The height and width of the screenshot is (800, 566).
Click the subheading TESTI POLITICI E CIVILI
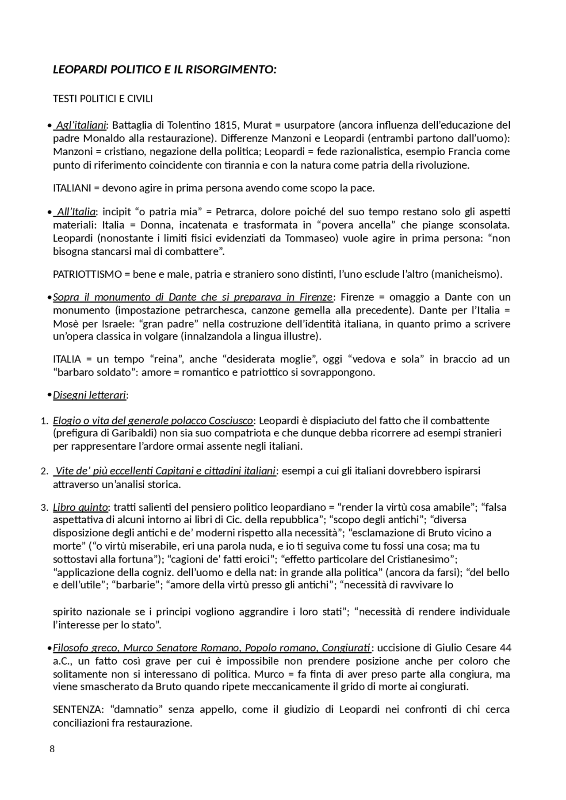(103, 99)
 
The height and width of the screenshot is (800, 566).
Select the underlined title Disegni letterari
(89, 395)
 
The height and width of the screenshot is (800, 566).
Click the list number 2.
(44, 471)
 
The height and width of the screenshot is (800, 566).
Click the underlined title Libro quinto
(80, 507)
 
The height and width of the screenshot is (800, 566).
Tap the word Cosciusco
(230, 420)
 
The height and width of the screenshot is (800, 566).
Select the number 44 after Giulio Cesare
(505, 648)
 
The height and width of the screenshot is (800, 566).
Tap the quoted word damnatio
(137, 709)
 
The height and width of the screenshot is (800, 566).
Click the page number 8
(53, 749)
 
